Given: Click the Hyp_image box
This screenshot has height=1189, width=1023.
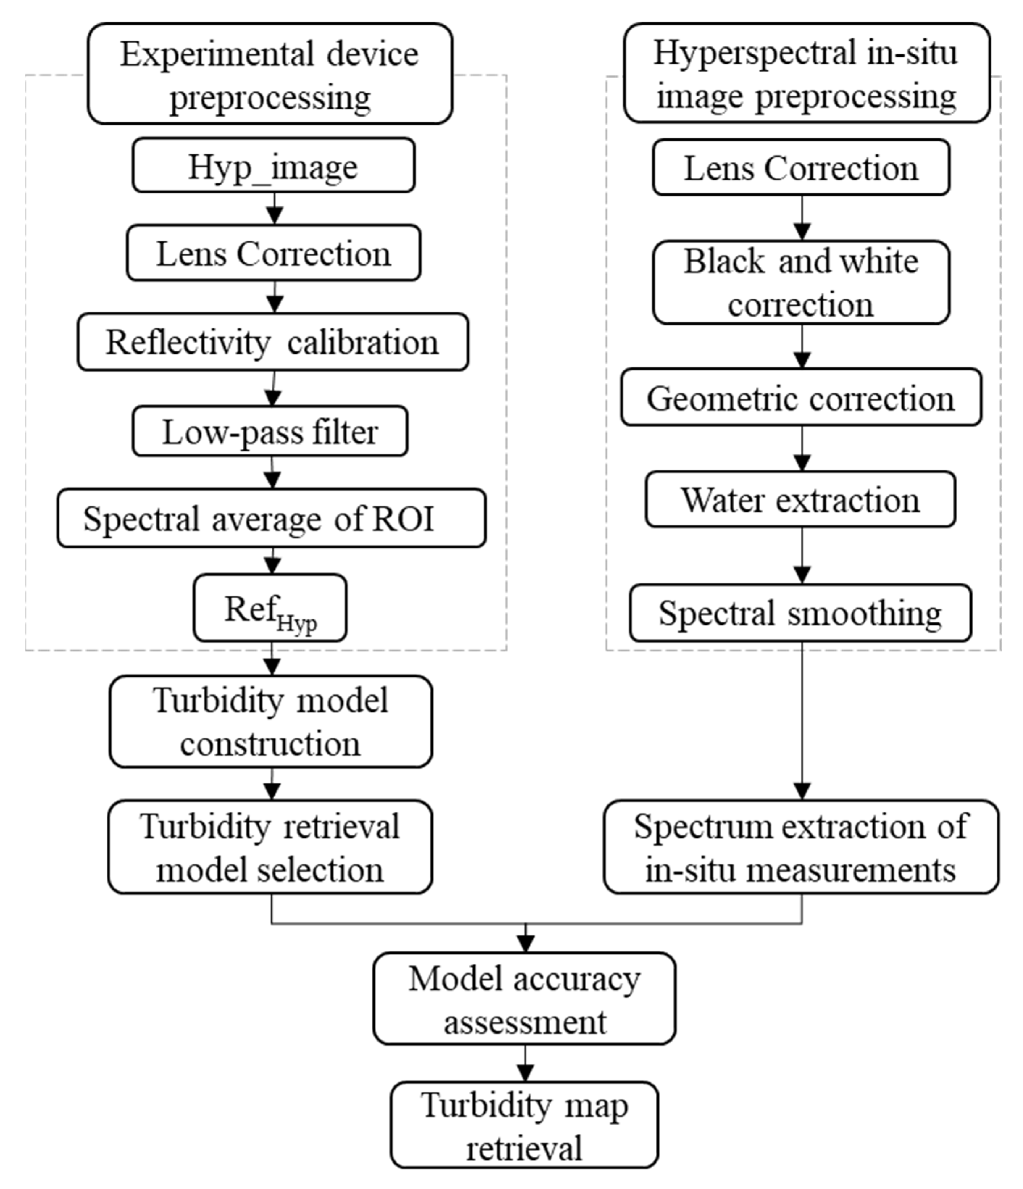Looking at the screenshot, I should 273,165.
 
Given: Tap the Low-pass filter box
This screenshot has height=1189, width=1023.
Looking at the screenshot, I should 270,431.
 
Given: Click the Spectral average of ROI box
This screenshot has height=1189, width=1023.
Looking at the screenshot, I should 271,518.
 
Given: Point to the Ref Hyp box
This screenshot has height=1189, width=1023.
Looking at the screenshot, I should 270,608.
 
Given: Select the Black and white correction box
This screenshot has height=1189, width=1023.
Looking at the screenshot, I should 801,282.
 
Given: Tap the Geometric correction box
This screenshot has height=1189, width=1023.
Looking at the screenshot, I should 801,397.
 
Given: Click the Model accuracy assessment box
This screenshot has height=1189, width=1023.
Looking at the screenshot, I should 525,998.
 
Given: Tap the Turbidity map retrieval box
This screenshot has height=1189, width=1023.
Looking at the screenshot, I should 525,1125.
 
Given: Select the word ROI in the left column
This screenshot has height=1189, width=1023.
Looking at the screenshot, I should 403,518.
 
